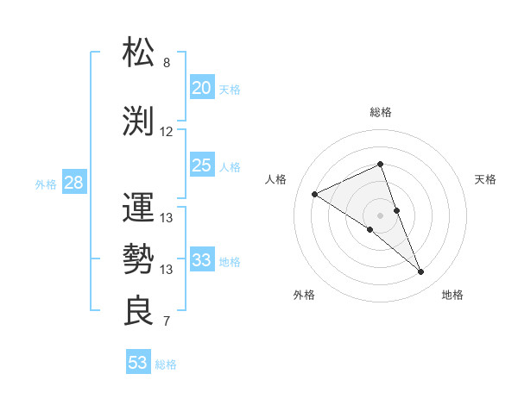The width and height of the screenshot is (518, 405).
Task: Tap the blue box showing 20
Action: click(201, 88)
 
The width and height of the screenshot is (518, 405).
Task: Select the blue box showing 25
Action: click(201, 165)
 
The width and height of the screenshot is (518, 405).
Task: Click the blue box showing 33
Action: click(201, 260)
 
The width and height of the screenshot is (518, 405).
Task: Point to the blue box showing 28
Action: click(73, 183)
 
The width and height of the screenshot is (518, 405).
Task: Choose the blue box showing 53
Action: click(137, 363)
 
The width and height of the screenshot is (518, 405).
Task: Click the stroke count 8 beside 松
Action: click(167, 63)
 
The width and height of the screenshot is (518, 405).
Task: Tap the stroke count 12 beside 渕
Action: click(167, 132)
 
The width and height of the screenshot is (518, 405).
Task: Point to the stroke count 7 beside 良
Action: click(167, 322)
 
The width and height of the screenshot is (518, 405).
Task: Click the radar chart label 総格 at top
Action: click(380, 112)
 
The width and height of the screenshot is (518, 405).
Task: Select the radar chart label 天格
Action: click(486, 179)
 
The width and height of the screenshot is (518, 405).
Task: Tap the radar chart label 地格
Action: click(452, 295)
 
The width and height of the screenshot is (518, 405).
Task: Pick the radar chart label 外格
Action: click(304, 295)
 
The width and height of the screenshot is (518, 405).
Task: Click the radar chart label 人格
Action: click(275, 179)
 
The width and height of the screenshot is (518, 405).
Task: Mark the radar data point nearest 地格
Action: click(421, 272)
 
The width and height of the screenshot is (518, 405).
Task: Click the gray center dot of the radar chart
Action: click(380, 215)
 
